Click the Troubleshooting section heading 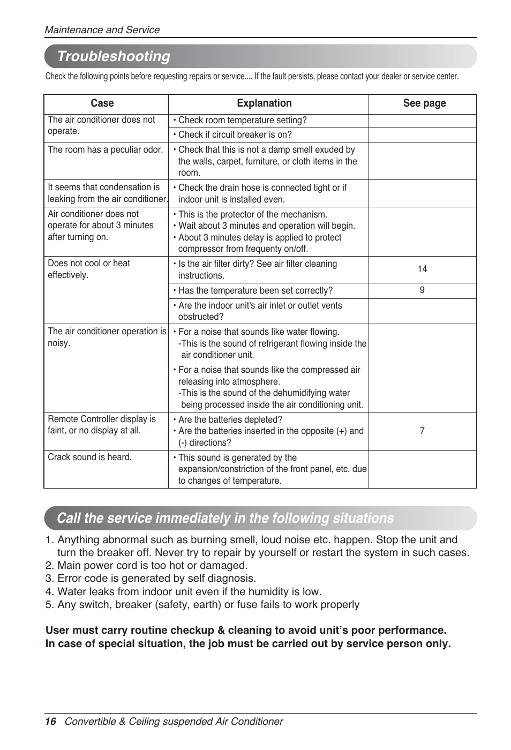coord(114,56)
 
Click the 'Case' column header coord(102,103)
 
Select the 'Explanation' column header coord(264,103)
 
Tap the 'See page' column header coord(424,103)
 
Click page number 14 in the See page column coord(422,269)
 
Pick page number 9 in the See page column coord(422,290)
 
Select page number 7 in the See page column coord(422,431)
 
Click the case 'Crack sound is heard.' coord(89,457)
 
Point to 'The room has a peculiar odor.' coord(105,150)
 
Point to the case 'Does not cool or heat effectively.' coord(89,269)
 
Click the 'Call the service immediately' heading coord(225,518)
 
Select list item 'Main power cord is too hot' coord(152,565)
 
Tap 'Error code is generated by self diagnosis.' coord(156,578)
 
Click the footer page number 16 coord(50,722)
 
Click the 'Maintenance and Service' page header coord(102,30)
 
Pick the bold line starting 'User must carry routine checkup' coord(246,630)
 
